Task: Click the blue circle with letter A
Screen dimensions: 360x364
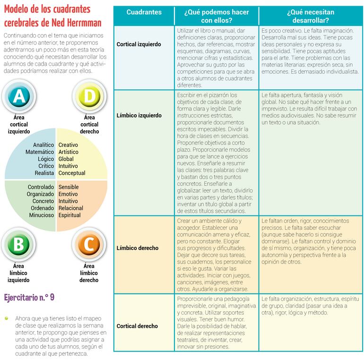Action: click(18, 96)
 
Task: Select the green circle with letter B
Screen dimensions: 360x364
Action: click(18, 245)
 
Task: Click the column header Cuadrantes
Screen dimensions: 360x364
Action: click(144, 12)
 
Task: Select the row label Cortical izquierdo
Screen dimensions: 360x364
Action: click(139, 44)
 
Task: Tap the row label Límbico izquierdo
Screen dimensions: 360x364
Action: click(139, 115)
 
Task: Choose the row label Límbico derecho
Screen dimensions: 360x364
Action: click(138, 248)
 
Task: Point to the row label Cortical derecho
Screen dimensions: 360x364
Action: click(137, 326)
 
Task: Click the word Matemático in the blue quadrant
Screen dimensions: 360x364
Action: click(40, 152)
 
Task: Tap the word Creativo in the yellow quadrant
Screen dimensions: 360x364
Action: click(69, 145)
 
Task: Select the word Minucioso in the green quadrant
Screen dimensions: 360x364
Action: click(42, 215)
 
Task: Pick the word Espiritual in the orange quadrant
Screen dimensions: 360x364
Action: click(69, 215)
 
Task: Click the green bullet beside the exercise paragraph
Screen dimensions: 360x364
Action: click(7, 318)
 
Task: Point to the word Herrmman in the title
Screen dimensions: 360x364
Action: click(80, 23)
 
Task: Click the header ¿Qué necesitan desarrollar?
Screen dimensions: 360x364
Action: click(311, 16)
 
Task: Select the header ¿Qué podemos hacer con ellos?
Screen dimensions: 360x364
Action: click(217, 16)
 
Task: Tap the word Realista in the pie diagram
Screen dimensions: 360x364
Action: click(44, 173)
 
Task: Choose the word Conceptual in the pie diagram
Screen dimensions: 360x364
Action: click(72, 173)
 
